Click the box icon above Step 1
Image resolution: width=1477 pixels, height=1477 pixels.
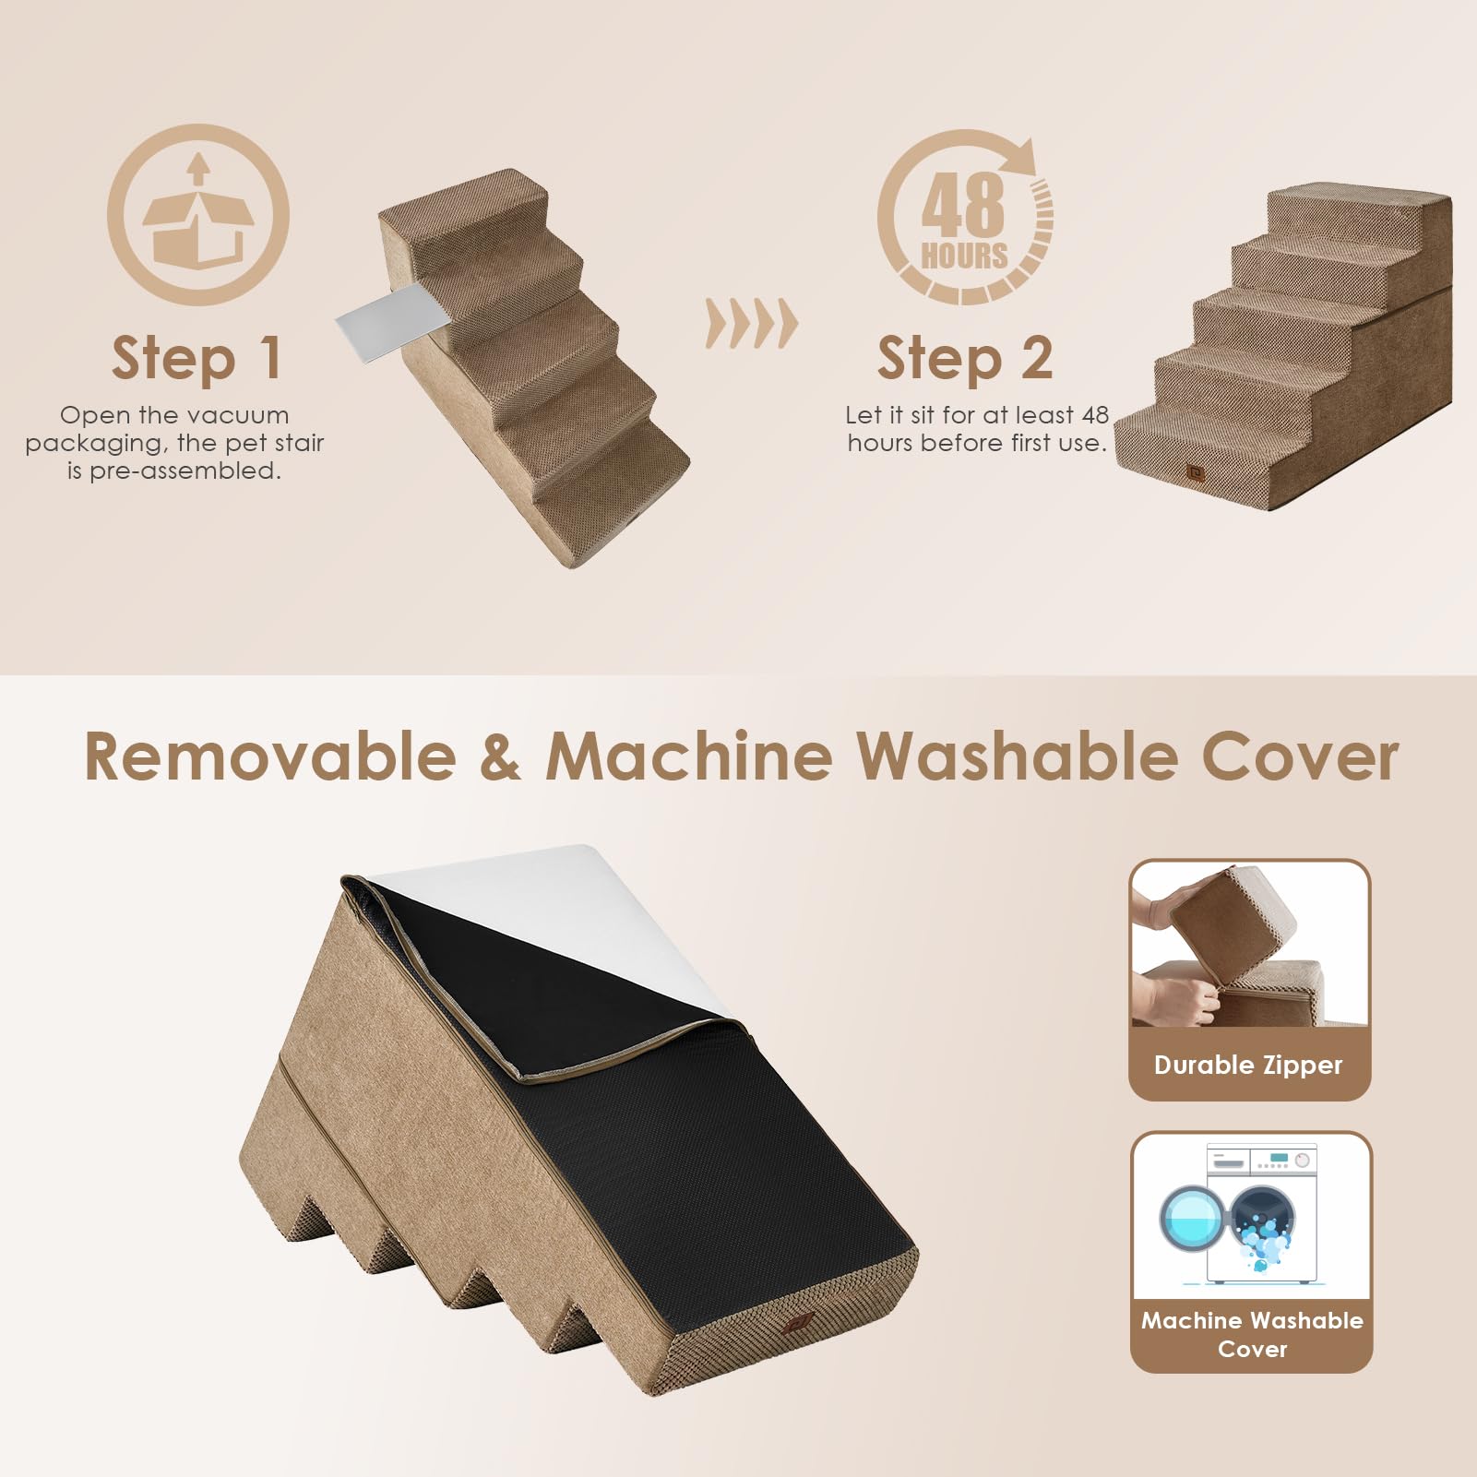pyautogui.click(x=197, y=216)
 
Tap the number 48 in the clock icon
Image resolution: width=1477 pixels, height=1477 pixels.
pyautogui.click(x=962, y=205)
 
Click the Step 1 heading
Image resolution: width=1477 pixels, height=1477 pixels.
pyautogui.click(x=197, y=359)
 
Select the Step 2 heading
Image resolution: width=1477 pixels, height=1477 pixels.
pyautogui.click(x=964, y=359)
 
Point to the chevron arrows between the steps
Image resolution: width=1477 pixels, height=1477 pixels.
pyautogui.click(x=751, y=323)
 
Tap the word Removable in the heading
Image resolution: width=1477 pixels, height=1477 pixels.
pyautogui.click(x=270, y=756)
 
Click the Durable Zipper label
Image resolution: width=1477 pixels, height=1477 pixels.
pyautogui.click(x=1248, y=1065)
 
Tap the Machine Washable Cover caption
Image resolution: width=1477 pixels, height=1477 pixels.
pyautogui.click(x=1252, y=1334)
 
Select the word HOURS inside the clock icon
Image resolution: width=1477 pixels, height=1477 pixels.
pyautogui.click(x=964, y=255)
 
